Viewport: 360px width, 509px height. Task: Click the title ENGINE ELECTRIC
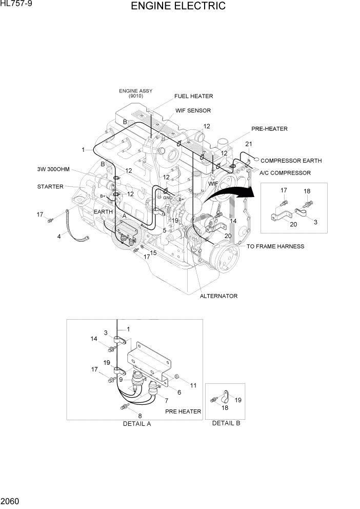(x=178, y=7)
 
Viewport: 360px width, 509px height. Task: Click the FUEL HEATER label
(x=193, y=96)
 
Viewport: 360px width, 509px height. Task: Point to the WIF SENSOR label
(x=193, y=110)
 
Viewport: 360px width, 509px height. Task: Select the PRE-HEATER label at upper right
(x=269, y=129)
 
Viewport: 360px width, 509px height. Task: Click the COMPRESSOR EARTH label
(x=291, y=161)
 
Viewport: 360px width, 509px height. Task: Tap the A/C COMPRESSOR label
(x=285, y=173)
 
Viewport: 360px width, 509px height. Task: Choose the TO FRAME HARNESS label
(x=275, y=246)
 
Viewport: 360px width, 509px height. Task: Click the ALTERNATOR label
(x=218, y=296)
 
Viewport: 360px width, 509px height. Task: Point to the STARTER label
(x=50, y=186)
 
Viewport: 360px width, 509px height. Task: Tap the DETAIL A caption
(x=137, y=424)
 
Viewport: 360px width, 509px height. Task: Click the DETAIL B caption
(x=226, y=423)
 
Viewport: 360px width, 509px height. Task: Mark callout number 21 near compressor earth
(x=249, y=144)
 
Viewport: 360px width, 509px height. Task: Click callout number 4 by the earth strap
(x=58, y=237)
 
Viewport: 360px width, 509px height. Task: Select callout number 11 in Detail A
(x=193, y=385)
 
